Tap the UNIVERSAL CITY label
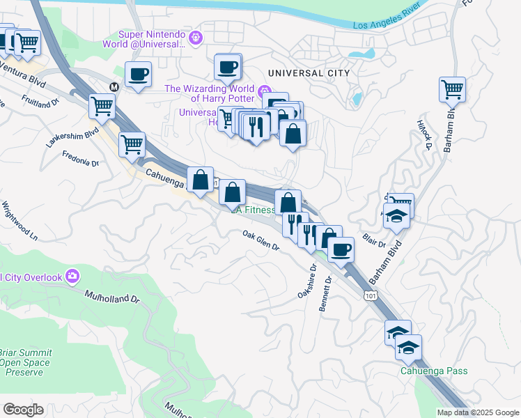coord(304,73)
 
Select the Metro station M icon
coord(114,86)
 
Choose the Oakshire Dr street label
coord(307,281)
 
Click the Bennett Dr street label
coord(325,294)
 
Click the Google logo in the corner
coord(23,410)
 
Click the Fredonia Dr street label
coord(80,158)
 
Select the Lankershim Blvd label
coord(62,137)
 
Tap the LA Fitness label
coord(254,210)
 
